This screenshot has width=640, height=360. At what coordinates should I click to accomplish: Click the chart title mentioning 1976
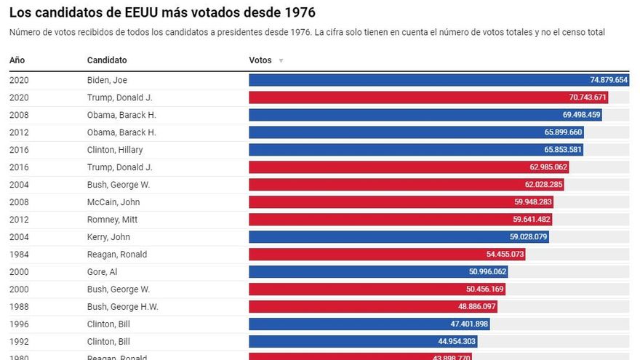[x=162, y=13]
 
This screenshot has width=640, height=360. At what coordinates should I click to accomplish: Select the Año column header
[x=17, y=60]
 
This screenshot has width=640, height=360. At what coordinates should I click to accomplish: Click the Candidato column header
[x=107, y=60]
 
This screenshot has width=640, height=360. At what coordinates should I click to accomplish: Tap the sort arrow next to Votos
[x=281, y=60]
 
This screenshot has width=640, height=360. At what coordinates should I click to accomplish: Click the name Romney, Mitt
[x=112, y=220]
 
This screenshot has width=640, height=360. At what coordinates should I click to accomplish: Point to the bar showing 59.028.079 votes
[x=400, y=237]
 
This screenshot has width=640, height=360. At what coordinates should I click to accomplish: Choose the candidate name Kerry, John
[x=110, y=237]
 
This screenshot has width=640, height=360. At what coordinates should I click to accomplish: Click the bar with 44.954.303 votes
[x=363, y=342]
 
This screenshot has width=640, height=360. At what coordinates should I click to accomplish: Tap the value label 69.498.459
[x=572, y=115]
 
